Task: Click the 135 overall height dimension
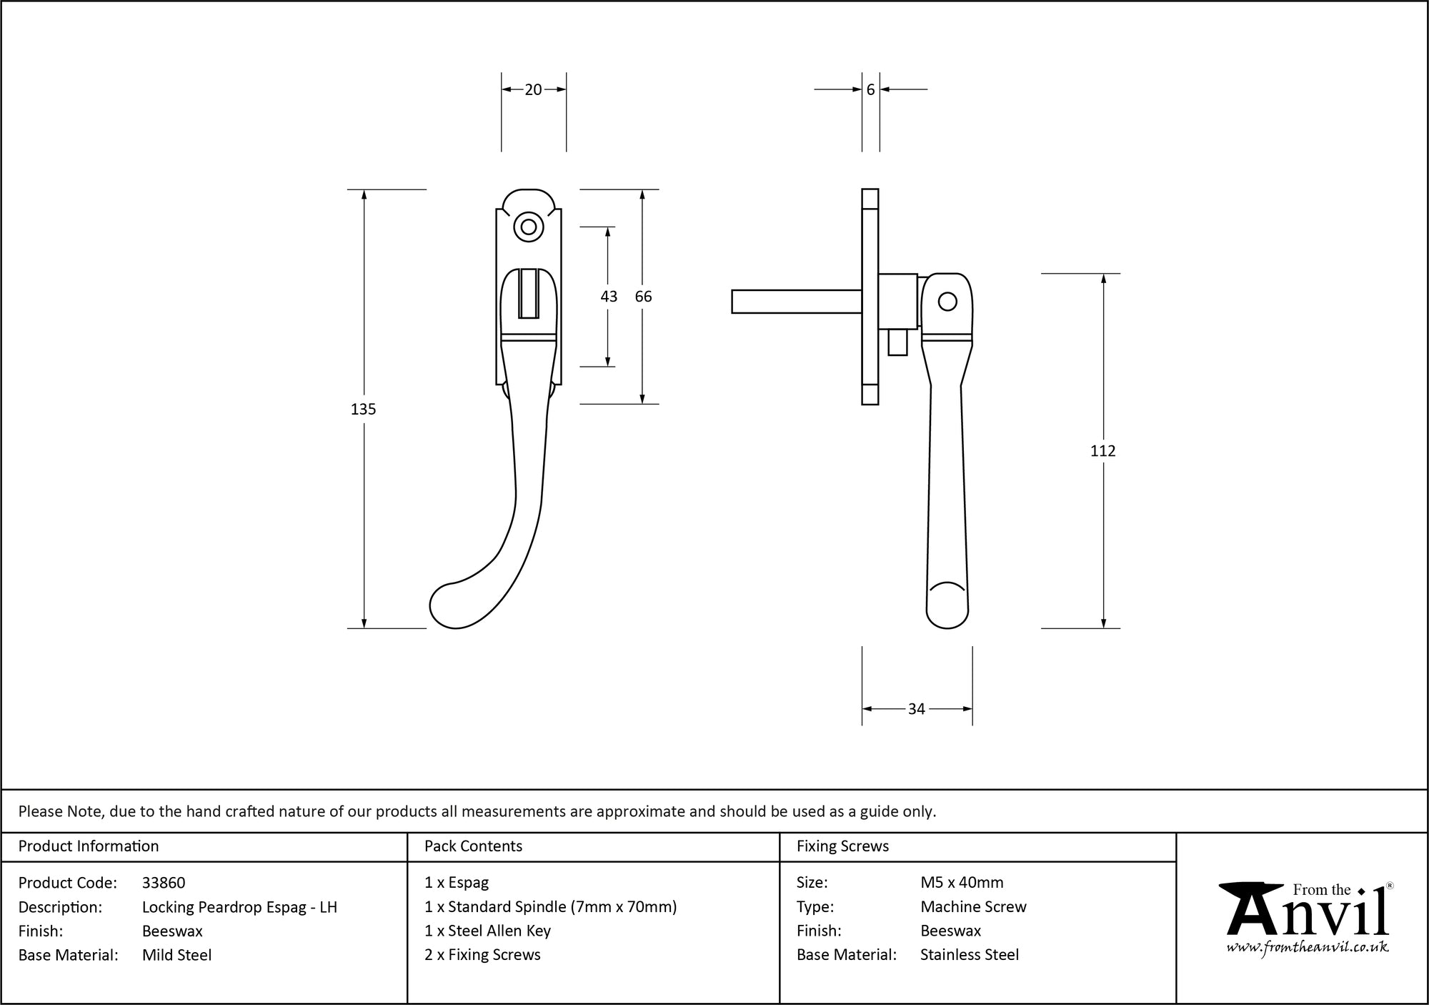(363, 410)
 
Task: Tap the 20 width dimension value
(533, 90)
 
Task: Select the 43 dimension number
(609, 297)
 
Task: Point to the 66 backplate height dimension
(643, 297)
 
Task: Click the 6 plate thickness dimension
(870, 90)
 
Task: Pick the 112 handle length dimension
(1102, 451)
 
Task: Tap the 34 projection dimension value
(916, 709)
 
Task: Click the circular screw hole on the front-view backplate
(529, 227)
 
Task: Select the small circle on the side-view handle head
(947, 302)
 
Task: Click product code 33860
(164, 883)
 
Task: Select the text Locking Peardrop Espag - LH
(239, 907)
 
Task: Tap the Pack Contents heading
(473, 846)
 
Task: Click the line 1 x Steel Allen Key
(487, 931)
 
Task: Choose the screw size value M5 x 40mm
(962, 883)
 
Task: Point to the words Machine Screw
(973, 907)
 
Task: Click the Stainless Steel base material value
(970, 955)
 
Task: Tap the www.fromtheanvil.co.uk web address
(1307, 948)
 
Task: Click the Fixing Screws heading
(842, 846)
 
